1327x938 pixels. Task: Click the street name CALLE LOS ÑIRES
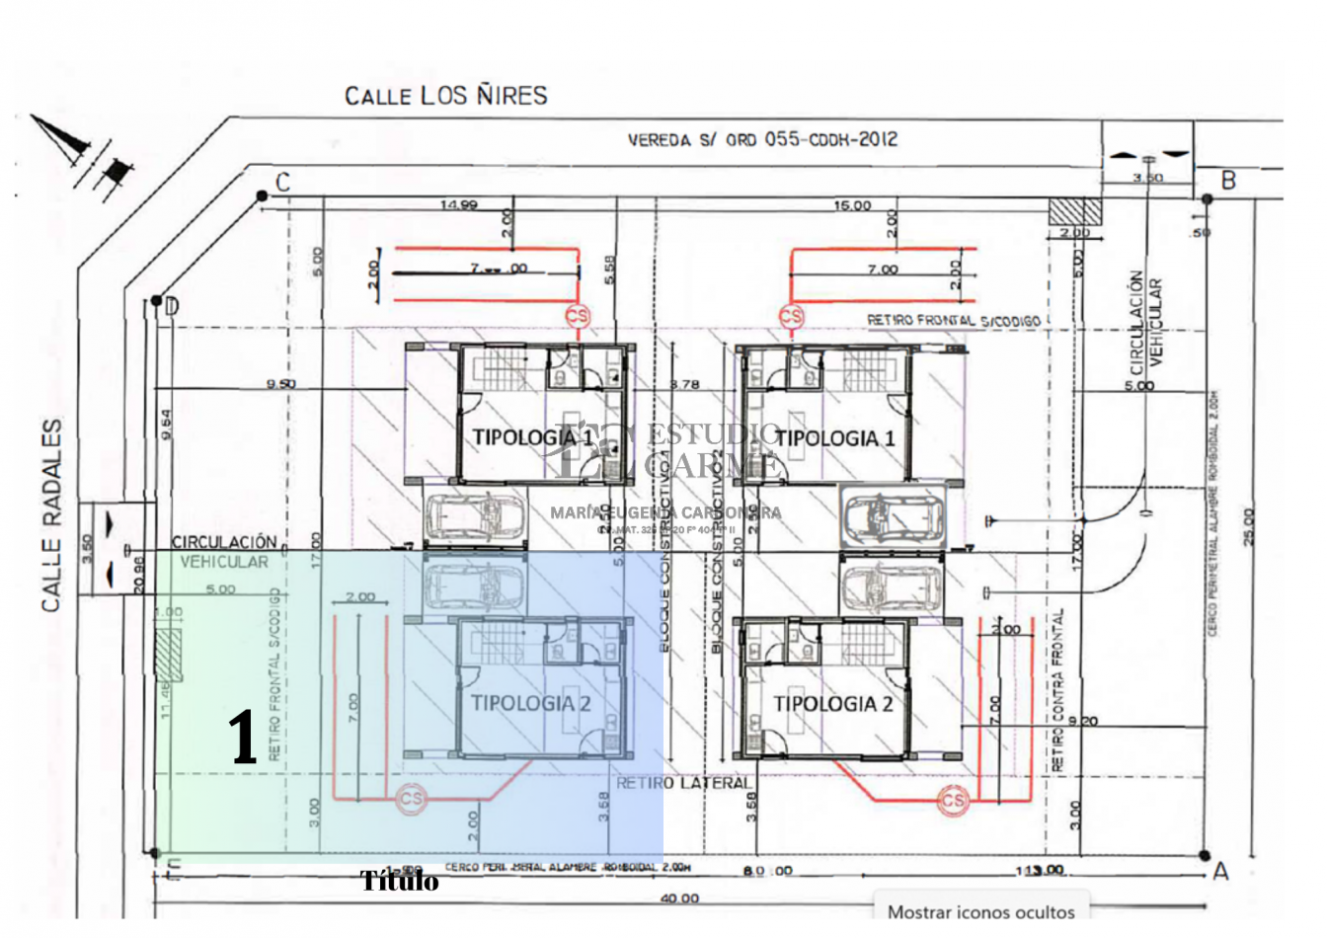tap(445, 96)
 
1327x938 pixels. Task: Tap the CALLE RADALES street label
tap(52, 514)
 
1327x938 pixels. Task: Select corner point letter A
tap(1220, 871)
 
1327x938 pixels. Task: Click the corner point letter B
tap(1228, 181)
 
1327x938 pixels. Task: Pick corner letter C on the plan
tap(283, 182)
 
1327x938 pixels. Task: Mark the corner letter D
tap(172, 307)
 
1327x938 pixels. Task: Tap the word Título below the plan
tap(399, 881)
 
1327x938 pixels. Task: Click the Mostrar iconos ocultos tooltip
tap(980, 911)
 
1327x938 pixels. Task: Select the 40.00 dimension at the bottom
tap(679, 899)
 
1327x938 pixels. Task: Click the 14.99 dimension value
tap(459, 205)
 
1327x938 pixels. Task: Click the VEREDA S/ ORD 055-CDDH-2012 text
tap(762, 140)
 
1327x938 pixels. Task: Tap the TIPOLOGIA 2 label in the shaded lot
tap(530, 703)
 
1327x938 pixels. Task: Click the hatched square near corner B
tap(1074, 210)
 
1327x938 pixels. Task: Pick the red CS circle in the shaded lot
tap(411, 799)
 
